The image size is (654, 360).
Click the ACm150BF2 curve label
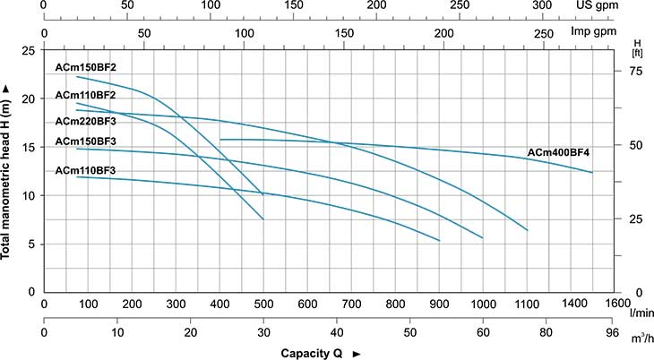pos(86,67)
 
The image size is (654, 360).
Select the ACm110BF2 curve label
pos(86,95)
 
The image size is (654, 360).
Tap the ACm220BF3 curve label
pos(86,121)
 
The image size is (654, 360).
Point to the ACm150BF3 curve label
pos(86,141)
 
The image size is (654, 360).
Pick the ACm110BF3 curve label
pos(86,169)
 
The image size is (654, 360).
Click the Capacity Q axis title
pos(313,353)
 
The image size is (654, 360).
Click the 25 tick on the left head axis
pos(29,51)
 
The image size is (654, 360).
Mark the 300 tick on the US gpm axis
pos(543,4)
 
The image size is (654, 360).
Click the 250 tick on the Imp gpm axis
pos(544,32)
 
